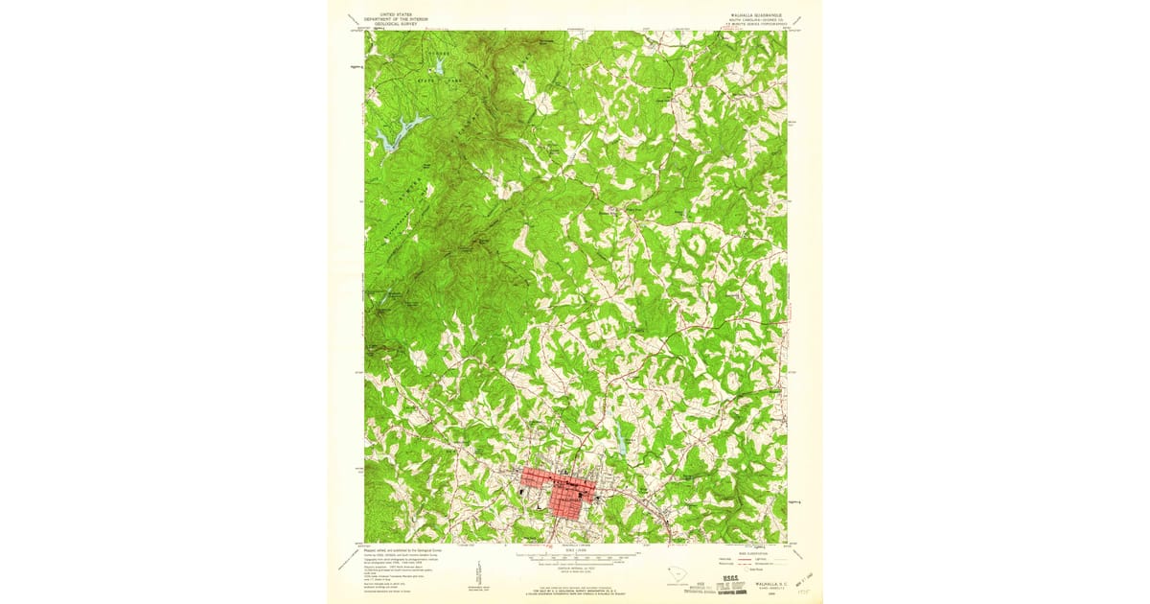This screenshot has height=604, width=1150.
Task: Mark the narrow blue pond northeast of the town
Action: (x=623, y=445)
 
